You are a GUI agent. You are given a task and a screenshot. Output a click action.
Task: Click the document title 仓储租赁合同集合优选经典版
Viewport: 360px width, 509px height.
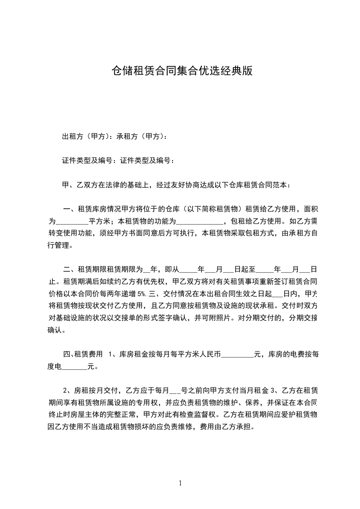pos(182,71)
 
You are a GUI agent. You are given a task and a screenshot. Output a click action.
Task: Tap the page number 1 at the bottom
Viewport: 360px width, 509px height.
pos(180,483)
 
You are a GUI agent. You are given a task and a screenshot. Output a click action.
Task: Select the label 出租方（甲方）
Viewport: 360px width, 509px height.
pos(88,136)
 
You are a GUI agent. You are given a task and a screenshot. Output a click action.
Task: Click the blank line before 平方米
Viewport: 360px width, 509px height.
pos(72,222)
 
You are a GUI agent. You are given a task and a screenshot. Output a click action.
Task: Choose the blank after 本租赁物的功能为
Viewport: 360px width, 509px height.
pos(200,222)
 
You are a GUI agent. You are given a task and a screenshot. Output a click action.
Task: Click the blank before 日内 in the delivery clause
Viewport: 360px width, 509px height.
pos(276,293)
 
